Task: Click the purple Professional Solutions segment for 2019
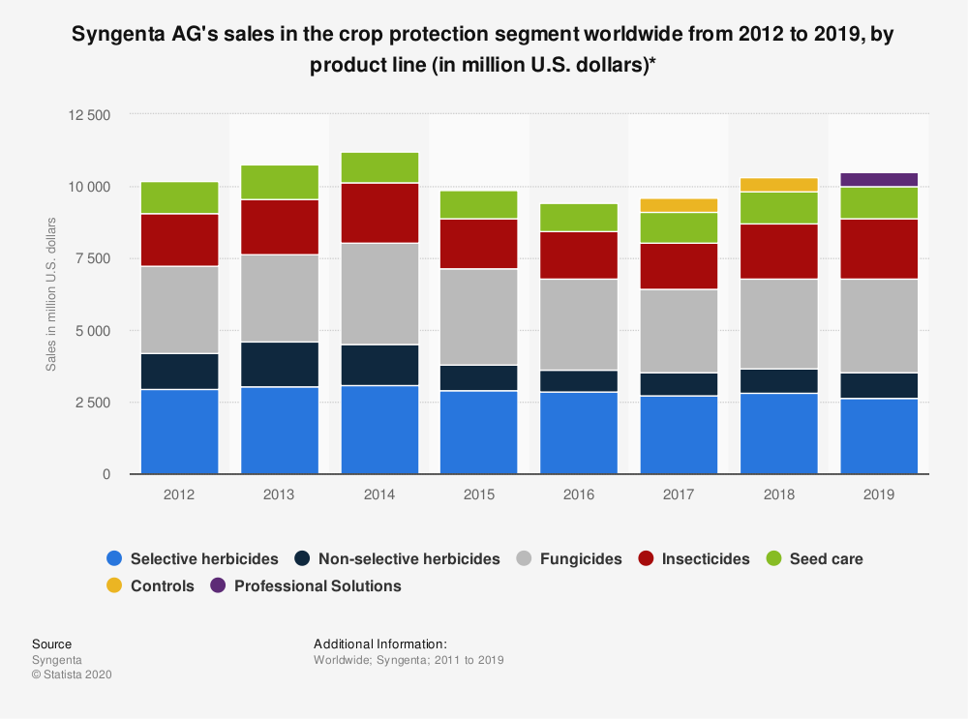coord(879,179)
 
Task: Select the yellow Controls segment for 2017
coord(679,205)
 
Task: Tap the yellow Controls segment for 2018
coord(779,185)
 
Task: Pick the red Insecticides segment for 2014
coord(379,213)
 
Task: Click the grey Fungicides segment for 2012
coord(179,310)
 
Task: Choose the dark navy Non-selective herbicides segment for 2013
coord(280,364)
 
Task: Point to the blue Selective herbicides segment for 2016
coord(579,433)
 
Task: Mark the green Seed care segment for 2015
coord(479,204)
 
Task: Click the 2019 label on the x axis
coord(879,494)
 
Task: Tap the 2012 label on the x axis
coord(179,494)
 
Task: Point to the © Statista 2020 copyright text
coord(72,675)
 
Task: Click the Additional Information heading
coord(380,644)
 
